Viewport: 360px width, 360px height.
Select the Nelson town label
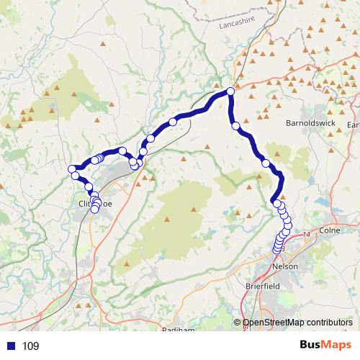click(286, 266)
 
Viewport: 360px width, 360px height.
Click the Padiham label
click(178, 330)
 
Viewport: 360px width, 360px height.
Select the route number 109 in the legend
click(31, 346)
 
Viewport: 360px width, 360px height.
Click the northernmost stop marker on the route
click(230, 91)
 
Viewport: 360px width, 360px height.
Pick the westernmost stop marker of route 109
click(72, 169)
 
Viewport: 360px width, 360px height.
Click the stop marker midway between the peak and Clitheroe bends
click(172, 122)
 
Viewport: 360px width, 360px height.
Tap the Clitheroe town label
click(94, 204)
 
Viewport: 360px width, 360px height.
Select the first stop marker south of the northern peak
click(235, 126)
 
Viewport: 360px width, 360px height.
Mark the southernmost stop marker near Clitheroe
click(94, 210)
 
